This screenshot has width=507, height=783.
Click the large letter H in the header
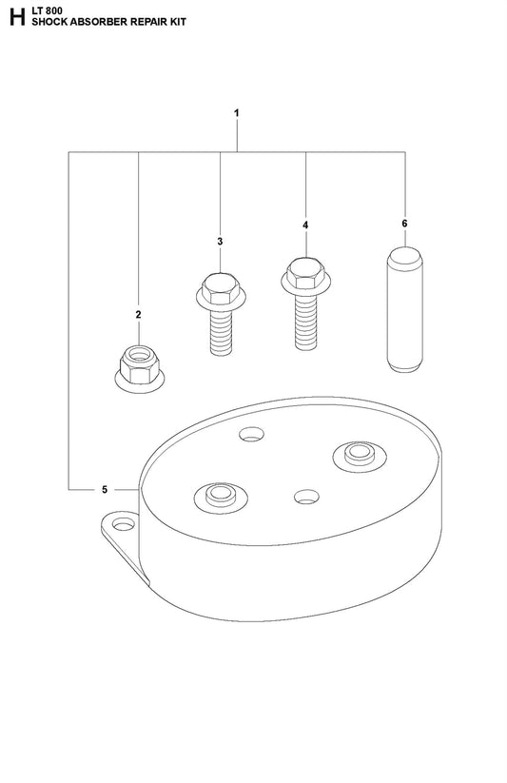16,16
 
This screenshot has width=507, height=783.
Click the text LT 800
47,11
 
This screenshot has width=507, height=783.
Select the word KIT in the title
176,22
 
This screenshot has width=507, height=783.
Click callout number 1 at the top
237,113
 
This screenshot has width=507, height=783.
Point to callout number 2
138,315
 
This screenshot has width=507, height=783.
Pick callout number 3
220,242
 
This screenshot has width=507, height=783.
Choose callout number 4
305,225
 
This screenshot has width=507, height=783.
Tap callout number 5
105,489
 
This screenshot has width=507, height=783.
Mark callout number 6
404,224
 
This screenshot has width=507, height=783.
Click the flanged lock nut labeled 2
140,368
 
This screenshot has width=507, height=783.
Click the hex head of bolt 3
221,289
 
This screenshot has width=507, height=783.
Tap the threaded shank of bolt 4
305,323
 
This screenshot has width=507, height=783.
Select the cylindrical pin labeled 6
404,309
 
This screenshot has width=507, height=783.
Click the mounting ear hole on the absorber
124,525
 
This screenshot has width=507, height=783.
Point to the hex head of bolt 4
305,273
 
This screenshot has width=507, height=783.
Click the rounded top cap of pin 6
404,257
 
